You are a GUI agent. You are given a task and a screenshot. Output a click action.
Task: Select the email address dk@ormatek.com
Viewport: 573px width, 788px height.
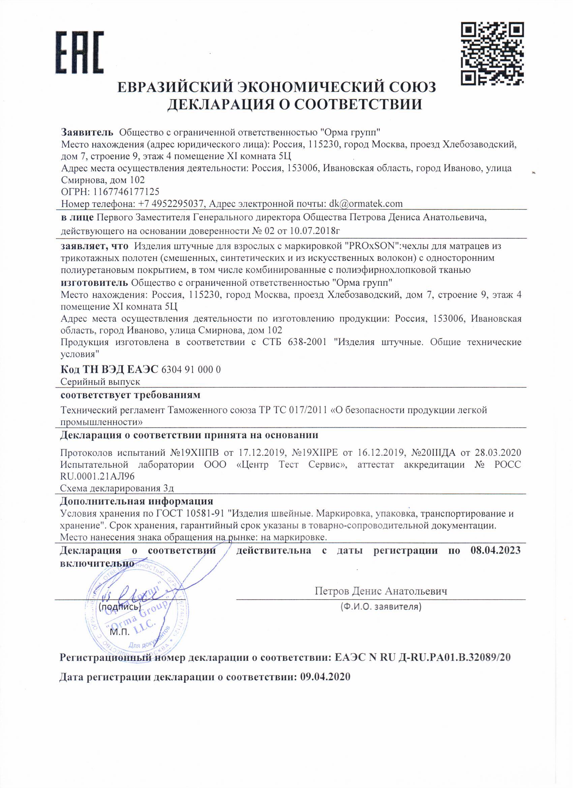coord(366,203)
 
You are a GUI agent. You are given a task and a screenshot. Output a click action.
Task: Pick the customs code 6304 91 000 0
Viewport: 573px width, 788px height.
coord(191,369)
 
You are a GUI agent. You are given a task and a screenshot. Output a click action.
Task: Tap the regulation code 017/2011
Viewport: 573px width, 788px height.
coord(308,410)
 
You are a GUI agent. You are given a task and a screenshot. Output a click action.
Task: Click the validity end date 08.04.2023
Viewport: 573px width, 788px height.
coord(495,550)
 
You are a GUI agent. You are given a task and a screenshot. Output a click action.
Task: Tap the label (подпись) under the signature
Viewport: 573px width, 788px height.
coord(120,607)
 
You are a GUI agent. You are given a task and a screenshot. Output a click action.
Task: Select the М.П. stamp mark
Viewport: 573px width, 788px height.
coord(120,632)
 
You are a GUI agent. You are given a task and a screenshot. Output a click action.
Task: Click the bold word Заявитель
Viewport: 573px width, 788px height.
coord(87,132)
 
